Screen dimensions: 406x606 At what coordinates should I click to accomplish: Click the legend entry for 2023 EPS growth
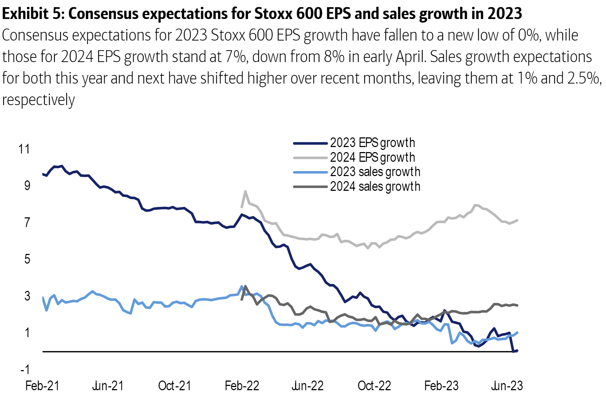tap(372, 143)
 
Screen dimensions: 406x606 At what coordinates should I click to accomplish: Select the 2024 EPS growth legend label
tap(372, 157)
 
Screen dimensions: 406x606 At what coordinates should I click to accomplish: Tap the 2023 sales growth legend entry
tap(375, 172)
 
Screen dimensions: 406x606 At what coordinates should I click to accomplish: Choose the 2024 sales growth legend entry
tap(375, 187)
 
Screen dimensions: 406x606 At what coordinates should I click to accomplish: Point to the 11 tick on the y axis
tap(24, 149)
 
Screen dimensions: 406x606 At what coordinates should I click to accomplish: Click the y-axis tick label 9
tap(27, 186)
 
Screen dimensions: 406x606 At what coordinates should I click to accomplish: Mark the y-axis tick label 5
tap(27, 259)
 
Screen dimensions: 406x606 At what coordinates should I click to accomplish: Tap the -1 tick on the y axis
tap(25, 369)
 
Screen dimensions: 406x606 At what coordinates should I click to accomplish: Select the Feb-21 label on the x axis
tap(42, 386)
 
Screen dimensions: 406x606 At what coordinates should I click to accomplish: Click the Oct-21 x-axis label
tap(174, 386)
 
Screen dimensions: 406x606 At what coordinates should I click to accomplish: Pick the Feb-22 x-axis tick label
tap(242, 386)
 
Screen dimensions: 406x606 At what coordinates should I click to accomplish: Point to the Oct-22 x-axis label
tap(374, 386)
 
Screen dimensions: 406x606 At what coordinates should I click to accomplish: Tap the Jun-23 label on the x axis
tap(507, 386)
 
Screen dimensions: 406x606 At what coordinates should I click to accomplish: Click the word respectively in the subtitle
tap(38, 100)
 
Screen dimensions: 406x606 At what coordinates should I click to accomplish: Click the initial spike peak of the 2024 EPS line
tap(245, 192)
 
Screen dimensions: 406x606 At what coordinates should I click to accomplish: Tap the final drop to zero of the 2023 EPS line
tap(514, 351)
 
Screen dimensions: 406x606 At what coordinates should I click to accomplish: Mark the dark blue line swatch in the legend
tap(310, 143)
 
